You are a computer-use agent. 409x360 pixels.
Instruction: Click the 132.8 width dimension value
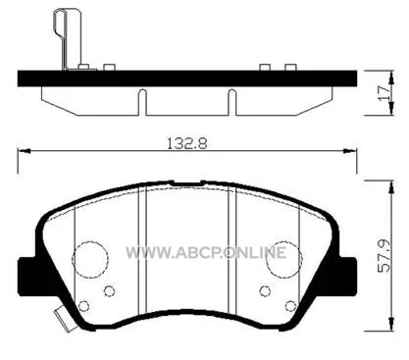(x=187, y=143)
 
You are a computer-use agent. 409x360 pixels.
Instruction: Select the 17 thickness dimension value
(x=384, y=93)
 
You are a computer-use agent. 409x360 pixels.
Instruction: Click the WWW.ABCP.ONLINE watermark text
(x=206, y=252)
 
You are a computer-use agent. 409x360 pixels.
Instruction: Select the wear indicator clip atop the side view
(x=68, y=38)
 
